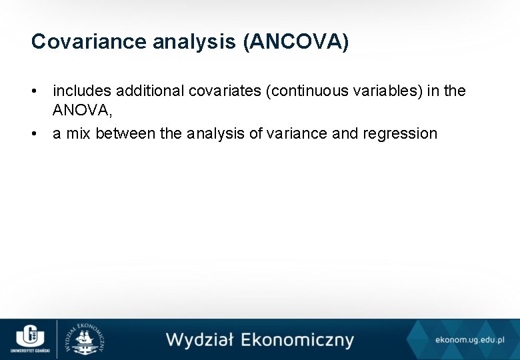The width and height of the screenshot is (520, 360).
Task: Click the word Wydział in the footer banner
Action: pyautogui.click(x=199, y=340)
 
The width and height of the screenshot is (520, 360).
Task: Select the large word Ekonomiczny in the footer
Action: pyautogui.click(x=297, y=340)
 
